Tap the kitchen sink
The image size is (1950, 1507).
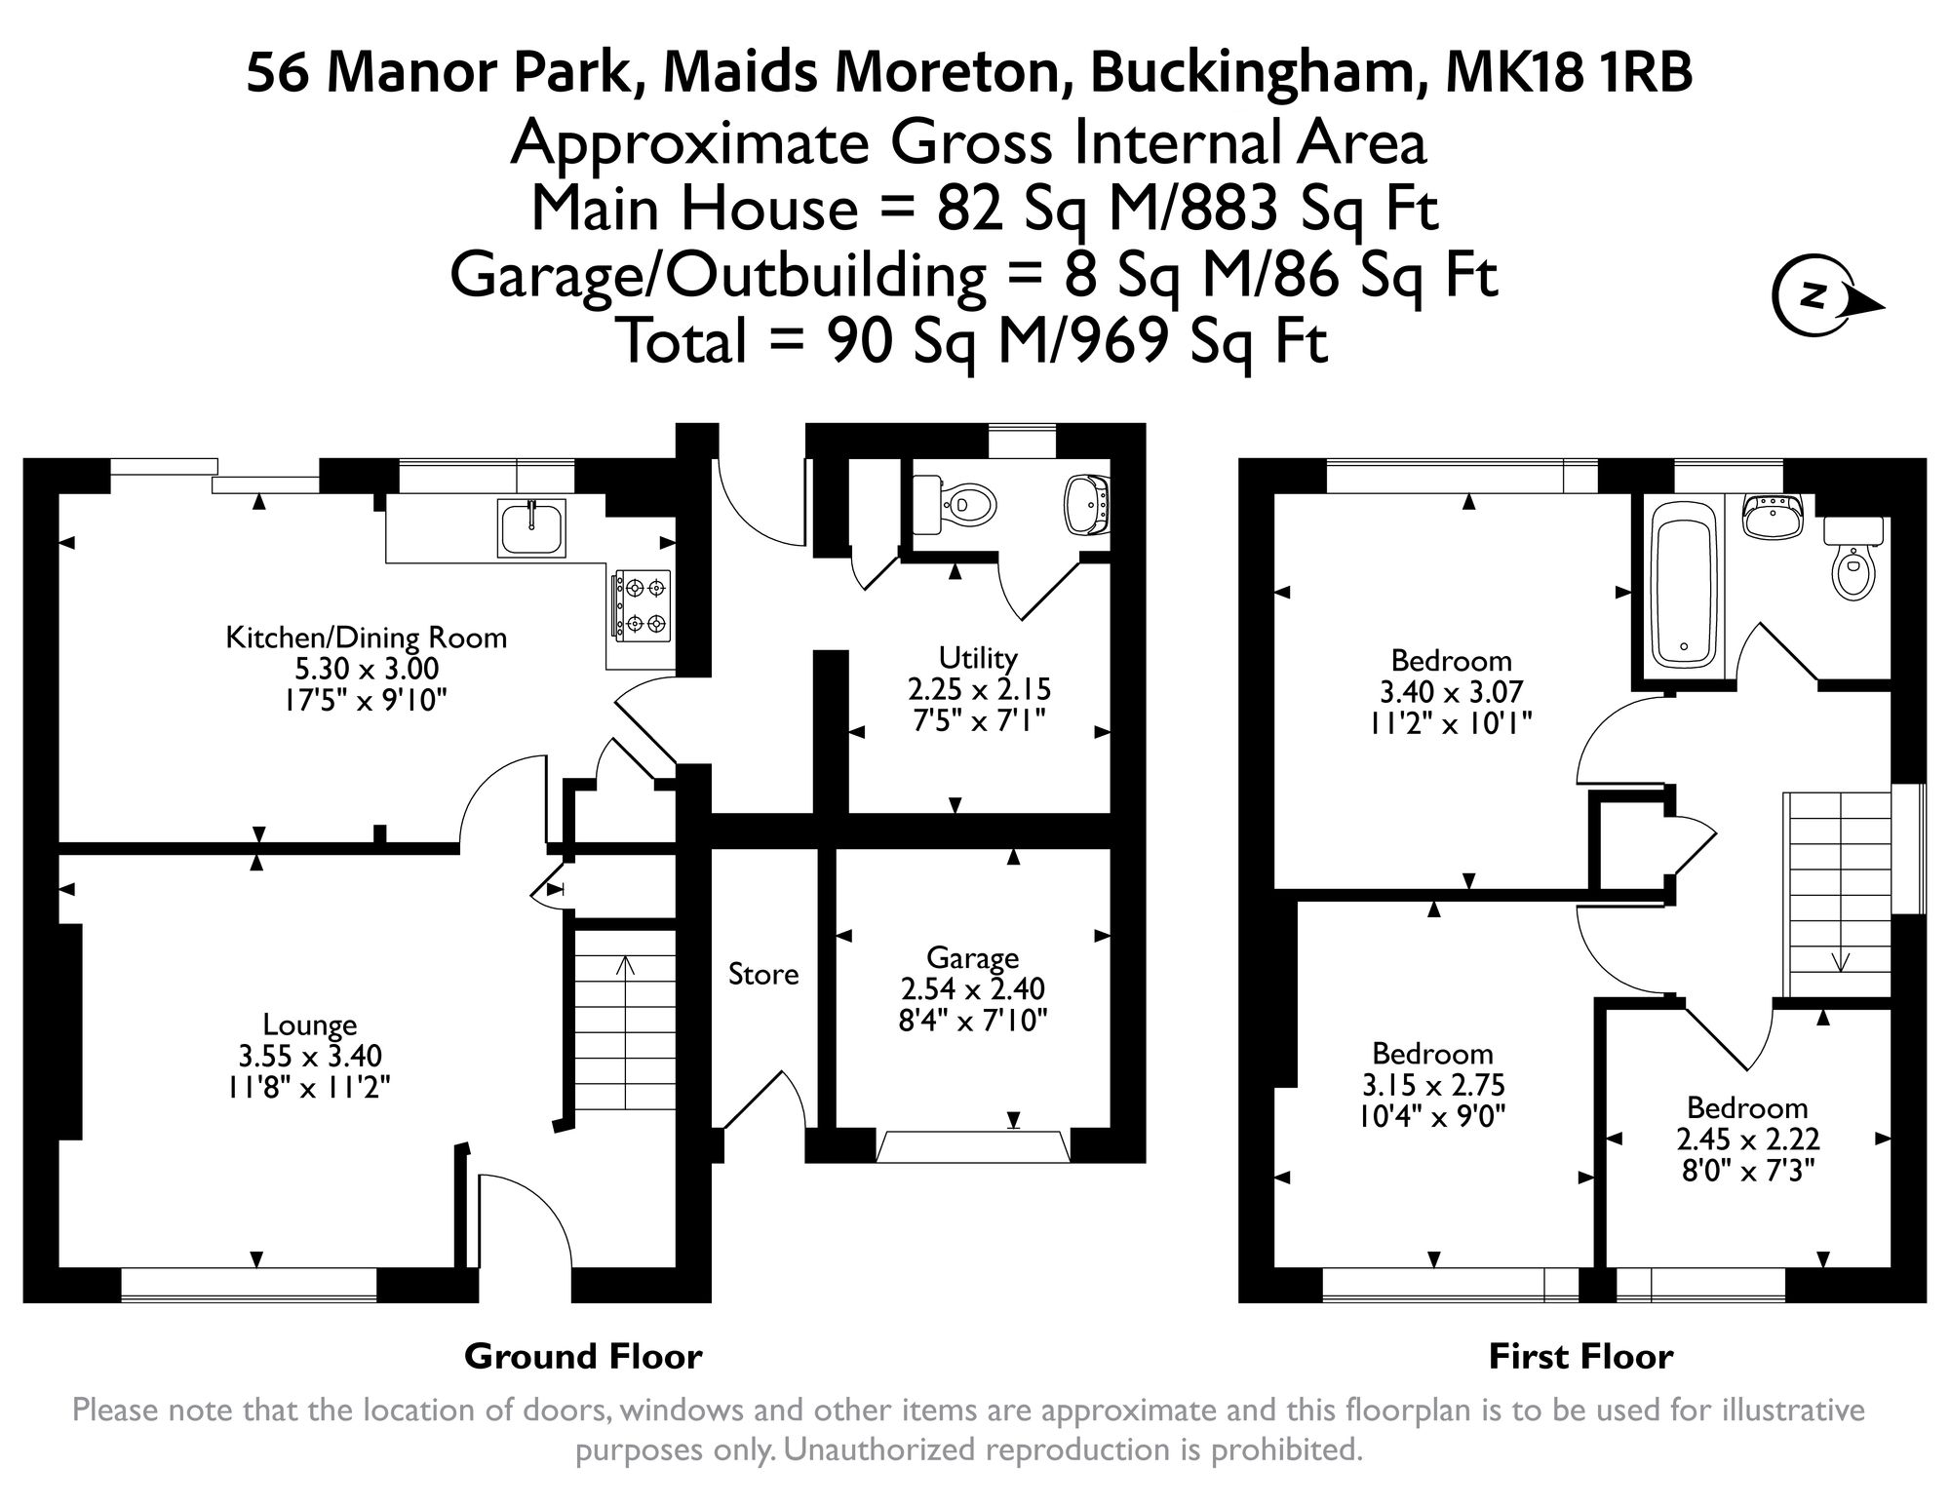[x=531, y=527]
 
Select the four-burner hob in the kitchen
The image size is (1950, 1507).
[x=642, y=604]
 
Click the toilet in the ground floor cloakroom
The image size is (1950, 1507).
[x=955, y=505]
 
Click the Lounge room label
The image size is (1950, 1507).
[x=309, y=1024]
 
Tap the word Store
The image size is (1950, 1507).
[x=763, y=974]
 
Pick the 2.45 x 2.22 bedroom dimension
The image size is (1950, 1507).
[x=1747, y=1139]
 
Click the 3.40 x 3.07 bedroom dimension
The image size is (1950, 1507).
[x=1451, y=691]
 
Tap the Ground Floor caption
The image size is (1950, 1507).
[x=582, y=1356]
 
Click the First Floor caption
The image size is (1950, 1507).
[x=1580, y=1356]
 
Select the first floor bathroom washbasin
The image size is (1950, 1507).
[x=1773, y=517]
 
